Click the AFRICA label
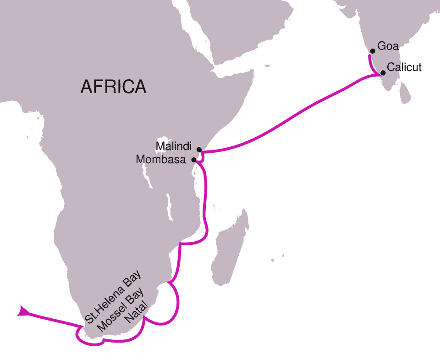[x=113, y=86]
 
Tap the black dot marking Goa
[x=372, y=51]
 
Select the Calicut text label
[x=404, y=67]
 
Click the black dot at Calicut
[x=383, y=73]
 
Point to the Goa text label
[x=388, y=47]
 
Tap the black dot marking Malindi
[x=199, y=150]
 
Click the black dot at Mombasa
[x=194, y=160]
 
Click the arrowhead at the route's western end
[x=22, y=311]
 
